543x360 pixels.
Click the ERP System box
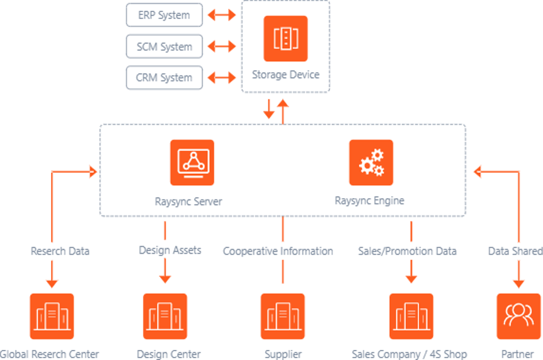(164, 15)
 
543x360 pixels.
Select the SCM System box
(164, 47)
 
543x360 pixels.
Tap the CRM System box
(164, 78)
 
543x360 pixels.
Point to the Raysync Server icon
(192, 162)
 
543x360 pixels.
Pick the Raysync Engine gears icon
(371, 162)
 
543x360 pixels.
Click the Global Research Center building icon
(52, 316)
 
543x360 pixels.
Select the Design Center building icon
(165, 316)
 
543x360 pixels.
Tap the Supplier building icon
(283, 316)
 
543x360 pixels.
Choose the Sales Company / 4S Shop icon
(411, 316)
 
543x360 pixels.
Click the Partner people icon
(518, 316)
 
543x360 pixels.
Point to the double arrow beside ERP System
(221, 15)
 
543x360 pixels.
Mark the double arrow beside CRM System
(221, 78)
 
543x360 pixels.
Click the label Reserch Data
(60, 251)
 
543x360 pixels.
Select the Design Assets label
(170, 250)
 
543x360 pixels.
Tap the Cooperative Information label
(278, 251)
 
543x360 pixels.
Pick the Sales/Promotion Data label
(407, 251)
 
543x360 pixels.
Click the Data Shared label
(515, 251)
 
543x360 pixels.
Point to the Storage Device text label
(285, 75)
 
